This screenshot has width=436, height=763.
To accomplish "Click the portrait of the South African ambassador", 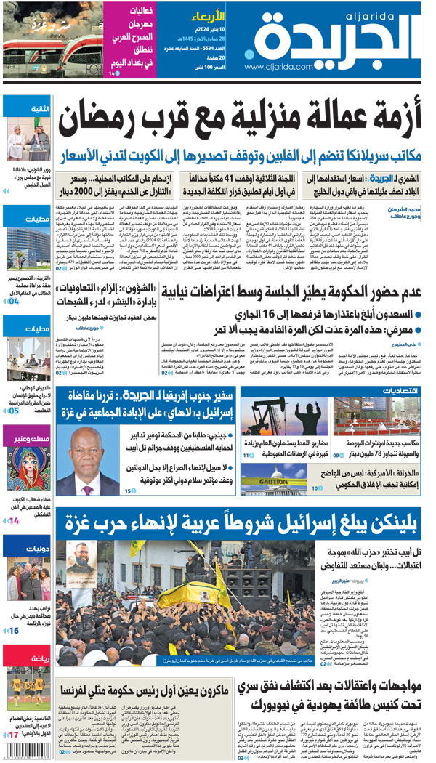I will [87, 458].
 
